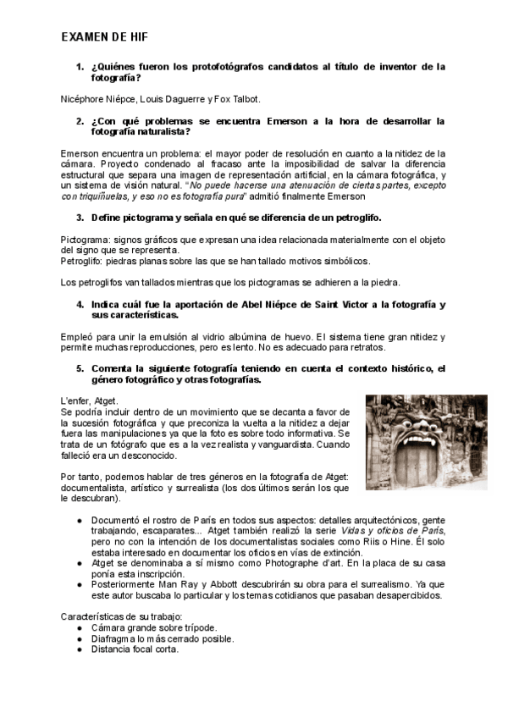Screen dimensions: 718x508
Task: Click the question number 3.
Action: (80, 218)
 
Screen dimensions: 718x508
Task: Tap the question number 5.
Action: (80, 368)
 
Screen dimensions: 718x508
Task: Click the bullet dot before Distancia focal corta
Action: (80, 649)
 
